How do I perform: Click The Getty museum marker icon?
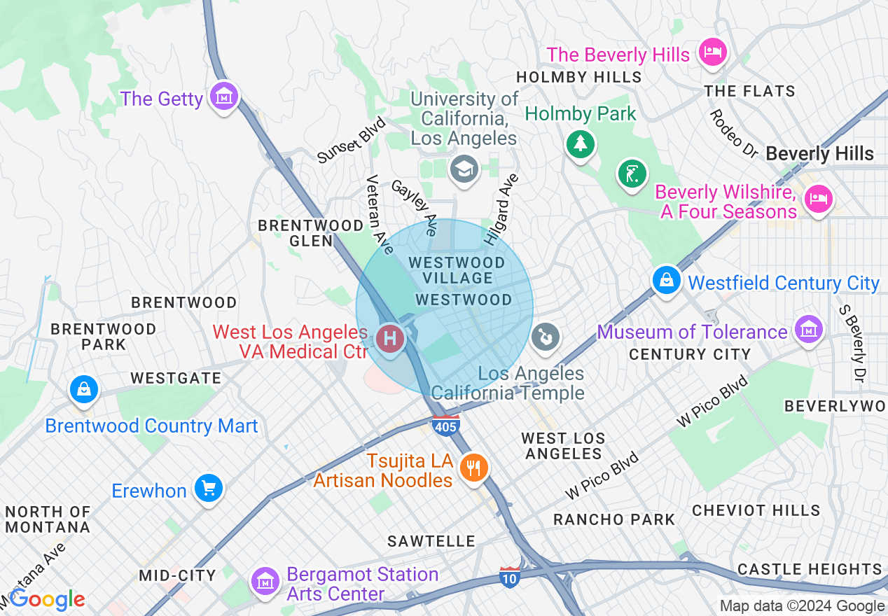224,97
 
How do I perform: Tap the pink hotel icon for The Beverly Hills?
712,52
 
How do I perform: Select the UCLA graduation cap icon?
464,168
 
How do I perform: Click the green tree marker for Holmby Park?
580,143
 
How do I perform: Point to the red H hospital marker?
390,339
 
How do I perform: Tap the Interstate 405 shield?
446,425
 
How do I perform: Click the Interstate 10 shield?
510,576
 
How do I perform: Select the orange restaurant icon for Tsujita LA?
474,467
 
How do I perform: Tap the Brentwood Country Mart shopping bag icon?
84,388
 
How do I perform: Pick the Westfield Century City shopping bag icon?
666,280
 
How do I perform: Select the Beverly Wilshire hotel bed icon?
818,198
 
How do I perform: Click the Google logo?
48,599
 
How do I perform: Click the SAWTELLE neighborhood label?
432,541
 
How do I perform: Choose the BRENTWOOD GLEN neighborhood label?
311,233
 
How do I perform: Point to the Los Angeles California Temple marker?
544,337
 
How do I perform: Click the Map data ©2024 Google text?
802,606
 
